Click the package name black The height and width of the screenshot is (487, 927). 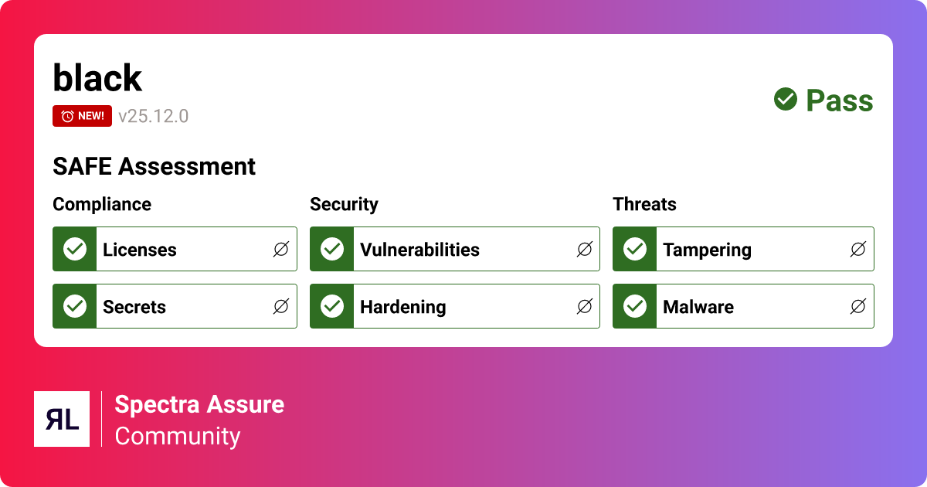pos(97,78)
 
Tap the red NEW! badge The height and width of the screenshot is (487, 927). pos(82,116)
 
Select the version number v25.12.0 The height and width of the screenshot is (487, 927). pos(153,117)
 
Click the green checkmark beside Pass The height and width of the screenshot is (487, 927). pos(786,100)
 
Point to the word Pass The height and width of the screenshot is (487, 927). pos(839,100)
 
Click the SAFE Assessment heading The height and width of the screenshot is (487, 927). pos(154,166)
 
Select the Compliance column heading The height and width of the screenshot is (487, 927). pos(102,204)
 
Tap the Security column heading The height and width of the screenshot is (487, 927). pos(344,204)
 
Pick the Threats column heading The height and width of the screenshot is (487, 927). pos(644,204)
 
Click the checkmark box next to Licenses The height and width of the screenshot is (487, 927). pos(75,249)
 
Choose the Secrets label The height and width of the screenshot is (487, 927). pos(134,307)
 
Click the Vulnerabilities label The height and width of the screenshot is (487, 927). pos(419,250)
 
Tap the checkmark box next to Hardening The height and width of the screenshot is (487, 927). pos(332,306)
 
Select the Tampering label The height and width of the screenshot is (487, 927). pos(707,250)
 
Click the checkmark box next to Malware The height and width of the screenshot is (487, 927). pos(635,306)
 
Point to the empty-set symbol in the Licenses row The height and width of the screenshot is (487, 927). pos(281,249)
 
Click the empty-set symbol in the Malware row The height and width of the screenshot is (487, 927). pos(857,307)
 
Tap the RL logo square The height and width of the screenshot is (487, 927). pos(62,419)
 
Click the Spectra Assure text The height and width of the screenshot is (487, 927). pos(199,404)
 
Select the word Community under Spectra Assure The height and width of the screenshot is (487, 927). pos(178,436)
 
